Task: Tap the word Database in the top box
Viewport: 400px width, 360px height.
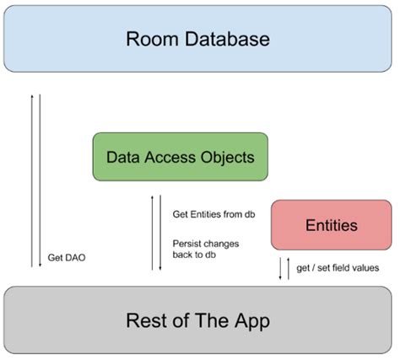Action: coord(225,40)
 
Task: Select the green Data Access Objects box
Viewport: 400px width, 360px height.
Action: coord(180,156)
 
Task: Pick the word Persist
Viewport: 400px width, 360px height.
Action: coord(186,244)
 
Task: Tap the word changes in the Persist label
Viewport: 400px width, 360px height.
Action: coord(223,244)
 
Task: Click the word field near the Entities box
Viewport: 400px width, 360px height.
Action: coord(334,268)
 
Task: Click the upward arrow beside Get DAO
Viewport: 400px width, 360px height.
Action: coord(32,181)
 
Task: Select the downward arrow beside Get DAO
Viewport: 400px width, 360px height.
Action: coord(40,181)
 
